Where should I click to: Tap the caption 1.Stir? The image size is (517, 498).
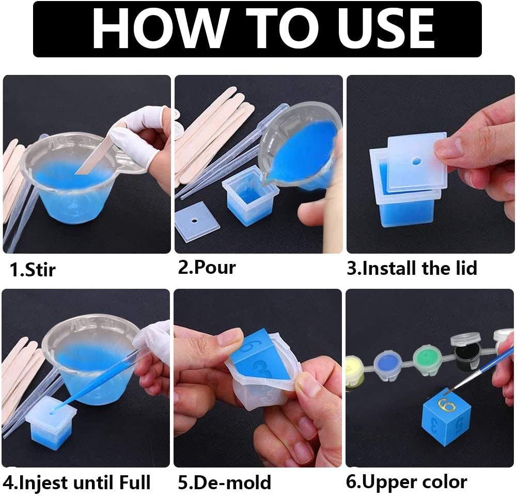pyautogui.click(x=32, y=269)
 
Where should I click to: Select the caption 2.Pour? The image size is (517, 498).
pyautogui.click(x=207, y=268)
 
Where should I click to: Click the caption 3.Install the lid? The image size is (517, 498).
pyautogui.click(x=412, y=268)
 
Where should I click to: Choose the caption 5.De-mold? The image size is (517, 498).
pyautogui.click(x=224, y=483)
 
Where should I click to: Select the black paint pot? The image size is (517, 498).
pyautogui.click(x=465, y=351)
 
